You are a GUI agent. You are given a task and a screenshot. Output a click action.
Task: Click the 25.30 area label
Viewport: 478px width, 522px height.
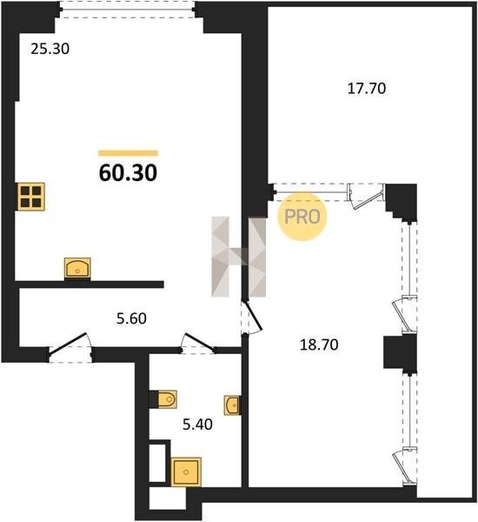click(x=50, y=49)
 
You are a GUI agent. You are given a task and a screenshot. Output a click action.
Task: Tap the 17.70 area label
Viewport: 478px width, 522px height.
click(x=367, y=89)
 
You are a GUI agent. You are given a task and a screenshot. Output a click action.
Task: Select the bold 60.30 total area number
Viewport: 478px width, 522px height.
click(x=128, y=173)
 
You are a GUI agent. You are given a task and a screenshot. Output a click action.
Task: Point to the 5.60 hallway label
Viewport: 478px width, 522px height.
click(x=131, y=318)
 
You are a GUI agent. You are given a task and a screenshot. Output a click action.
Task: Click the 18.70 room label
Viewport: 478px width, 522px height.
click(x=319, y=345)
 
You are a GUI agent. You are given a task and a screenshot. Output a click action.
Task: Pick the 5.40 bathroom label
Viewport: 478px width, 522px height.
click(x=197, y=425)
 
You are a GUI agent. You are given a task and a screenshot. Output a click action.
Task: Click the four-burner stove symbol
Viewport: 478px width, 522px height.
click(x=31, y=197)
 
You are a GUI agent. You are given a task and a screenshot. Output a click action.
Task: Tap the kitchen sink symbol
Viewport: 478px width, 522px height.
click(x=77, y=268)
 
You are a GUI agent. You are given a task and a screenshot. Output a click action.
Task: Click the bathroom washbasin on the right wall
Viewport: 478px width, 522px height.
click(x=233, y=405)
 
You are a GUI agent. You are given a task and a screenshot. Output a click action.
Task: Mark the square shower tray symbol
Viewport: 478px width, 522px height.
click(x=186, y=472)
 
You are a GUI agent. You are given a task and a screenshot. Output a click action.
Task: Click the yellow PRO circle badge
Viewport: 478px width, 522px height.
click(x=302, y=217)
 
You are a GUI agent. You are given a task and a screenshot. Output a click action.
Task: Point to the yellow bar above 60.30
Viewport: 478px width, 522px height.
click(x=128, y=153)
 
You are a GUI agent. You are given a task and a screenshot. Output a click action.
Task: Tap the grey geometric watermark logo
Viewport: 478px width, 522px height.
click(x=239, y=257)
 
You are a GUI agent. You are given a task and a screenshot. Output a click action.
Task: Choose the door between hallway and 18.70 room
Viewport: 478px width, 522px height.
click(x=251, y=318)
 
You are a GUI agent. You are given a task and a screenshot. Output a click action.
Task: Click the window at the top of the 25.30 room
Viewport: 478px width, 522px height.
click(x=128, y=10)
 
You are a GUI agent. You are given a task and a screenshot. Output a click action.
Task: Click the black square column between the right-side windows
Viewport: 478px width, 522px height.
click(x=400, y=352)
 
